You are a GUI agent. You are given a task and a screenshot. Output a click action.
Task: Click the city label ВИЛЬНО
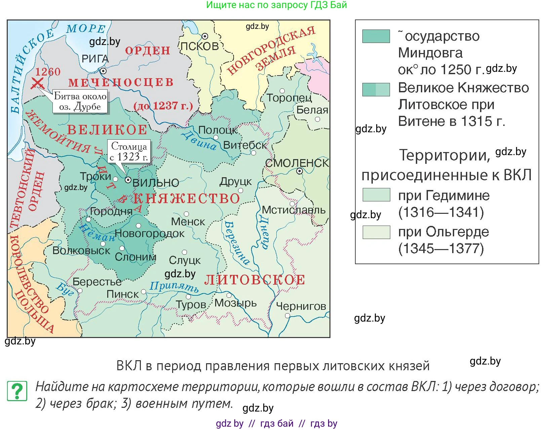(156, 183)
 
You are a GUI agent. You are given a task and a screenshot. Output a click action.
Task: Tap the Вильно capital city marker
(128, 180)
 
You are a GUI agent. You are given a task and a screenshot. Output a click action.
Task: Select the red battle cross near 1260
(37, 83)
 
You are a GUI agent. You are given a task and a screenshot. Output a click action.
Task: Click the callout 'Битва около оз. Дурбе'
(80, 101)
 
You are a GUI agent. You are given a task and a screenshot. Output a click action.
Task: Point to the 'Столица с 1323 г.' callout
(129, 151)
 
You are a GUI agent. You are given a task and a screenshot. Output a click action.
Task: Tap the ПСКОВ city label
(200, 46)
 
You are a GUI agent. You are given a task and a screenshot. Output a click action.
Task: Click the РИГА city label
(95, 59)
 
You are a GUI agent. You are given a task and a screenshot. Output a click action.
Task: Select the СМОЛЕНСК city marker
(299, 171)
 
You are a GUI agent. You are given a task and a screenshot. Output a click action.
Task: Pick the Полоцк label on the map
(218, 130)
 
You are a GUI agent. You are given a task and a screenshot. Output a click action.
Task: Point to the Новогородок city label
(150, 233)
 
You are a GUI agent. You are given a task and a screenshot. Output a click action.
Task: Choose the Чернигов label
(301, 306)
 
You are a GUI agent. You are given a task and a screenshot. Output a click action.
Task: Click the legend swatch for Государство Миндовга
(376, 36)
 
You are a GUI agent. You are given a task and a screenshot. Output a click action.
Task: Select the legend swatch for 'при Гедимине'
(376, 195)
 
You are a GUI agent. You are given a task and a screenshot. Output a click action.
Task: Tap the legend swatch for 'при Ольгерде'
(376, 232)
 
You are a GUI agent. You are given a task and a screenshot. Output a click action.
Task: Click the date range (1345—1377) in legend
(441, 249)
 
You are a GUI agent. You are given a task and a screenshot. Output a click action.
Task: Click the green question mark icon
(17, 391)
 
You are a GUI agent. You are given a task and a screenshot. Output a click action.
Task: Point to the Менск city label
(188, 222)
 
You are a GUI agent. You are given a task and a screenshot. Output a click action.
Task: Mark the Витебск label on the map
(245, 145)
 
